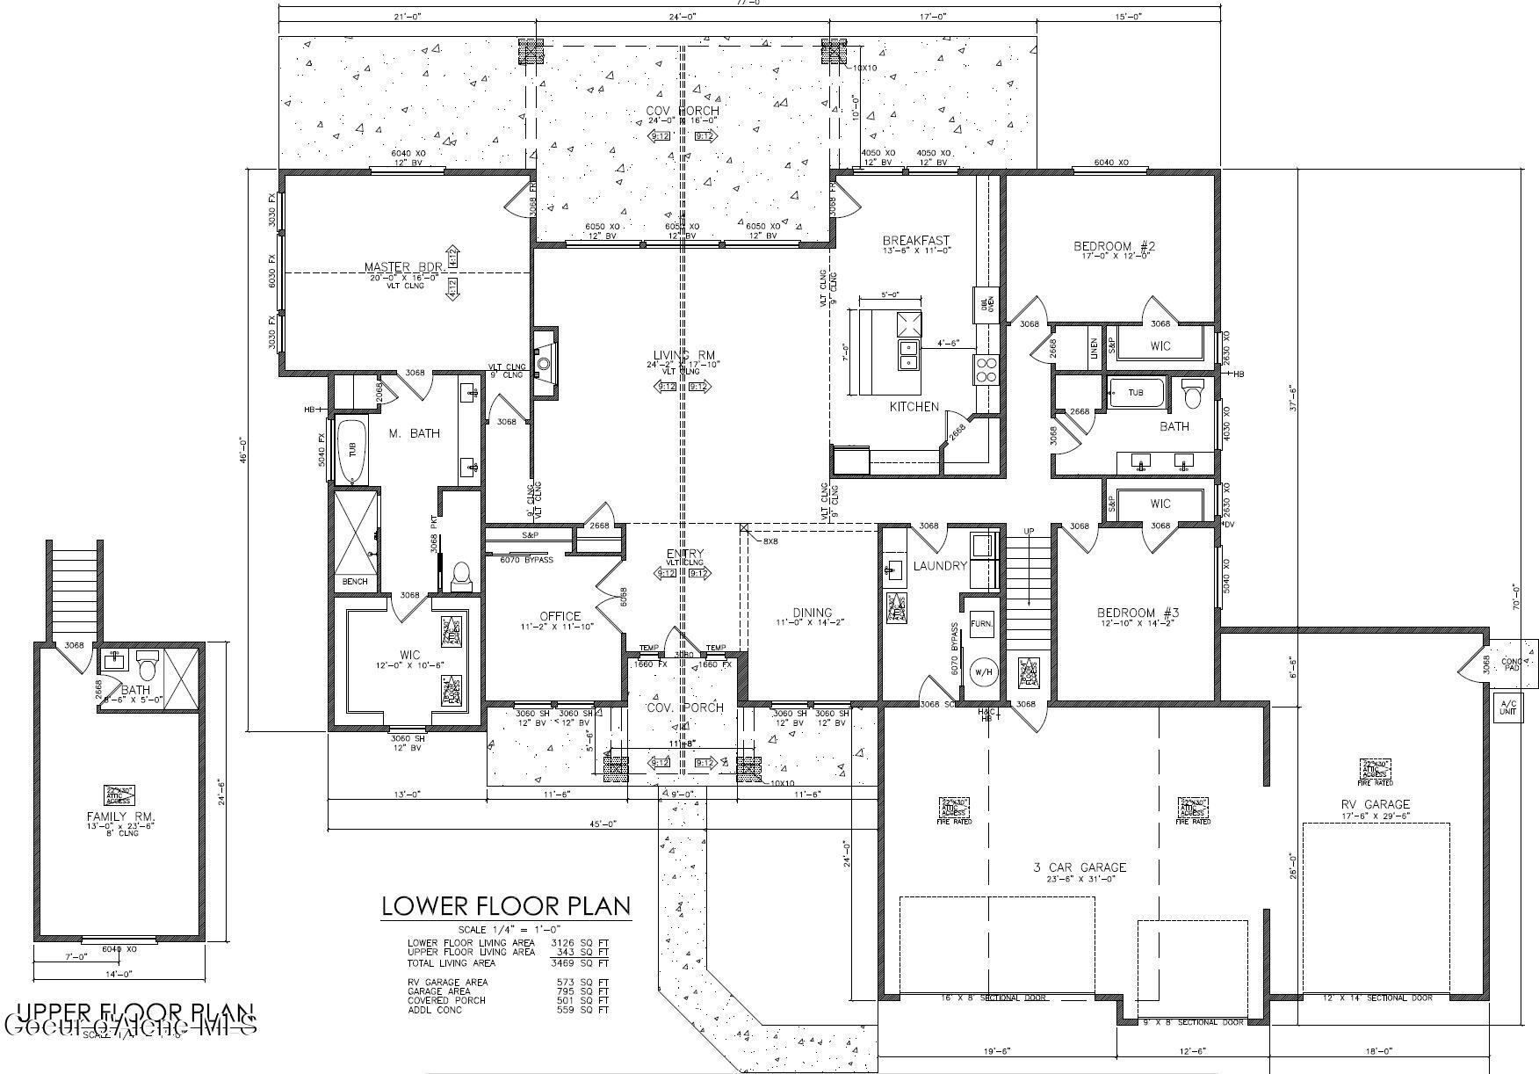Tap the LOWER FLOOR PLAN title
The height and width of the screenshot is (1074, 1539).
(x=505, y=906)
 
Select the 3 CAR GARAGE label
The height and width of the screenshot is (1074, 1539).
(x=1080, y=867)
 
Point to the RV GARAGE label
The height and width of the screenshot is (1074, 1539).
(x=1375, y=803)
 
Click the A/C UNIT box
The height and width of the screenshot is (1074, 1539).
(x=1507, y=708)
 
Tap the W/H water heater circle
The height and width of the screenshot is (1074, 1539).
(x=982, y=672)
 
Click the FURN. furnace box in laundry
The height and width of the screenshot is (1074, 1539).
(x=981, y=623)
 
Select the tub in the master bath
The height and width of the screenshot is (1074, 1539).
(x=353, y=449)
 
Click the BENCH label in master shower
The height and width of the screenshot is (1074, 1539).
(x=354, y=582)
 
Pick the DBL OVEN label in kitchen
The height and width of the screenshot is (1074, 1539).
(x=983, y=305)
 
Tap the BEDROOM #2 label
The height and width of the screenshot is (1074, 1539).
(x=1114, y=246)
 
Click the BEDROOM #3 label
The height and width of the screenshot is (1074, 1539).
(x=1138, y=613)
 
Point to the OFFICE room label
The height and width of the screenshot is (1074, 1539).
(x=560, y=616)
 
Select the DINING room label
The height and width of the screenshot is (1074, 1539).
(x=812, y=613)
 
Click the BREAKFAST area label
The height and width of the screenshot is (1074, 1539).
(x=916, y=240)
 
